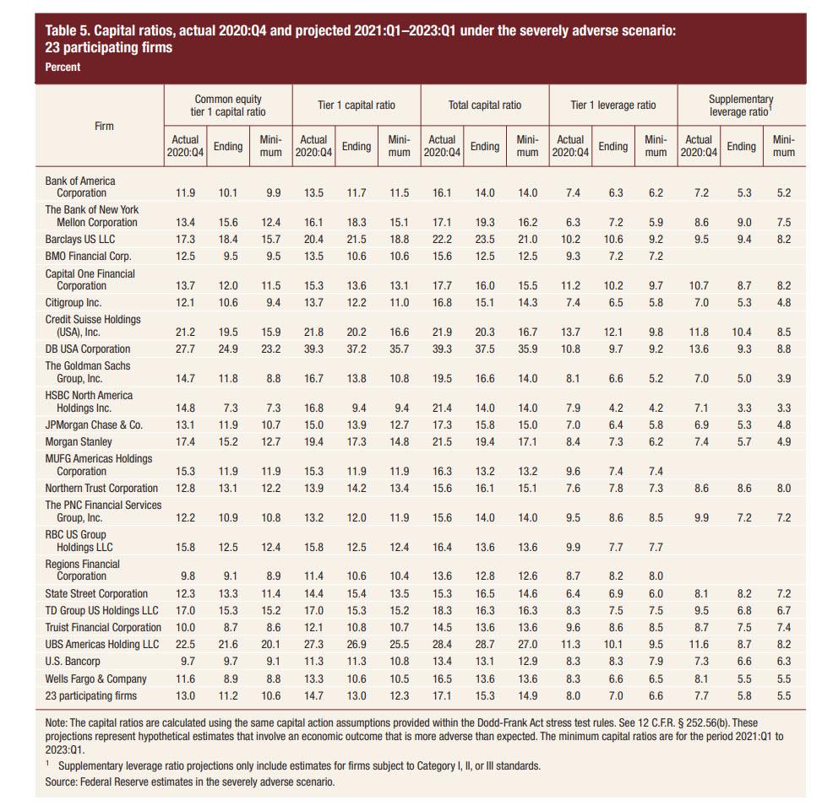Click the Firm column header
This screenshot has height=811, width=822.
pyautogui.click(x=104, y=127)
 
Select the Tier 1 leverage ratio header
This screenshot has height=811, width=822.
pyautogui.click(x=612, y=105)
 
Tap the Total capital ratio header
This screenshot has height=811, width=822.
pyautogui.click(x=484, y=105)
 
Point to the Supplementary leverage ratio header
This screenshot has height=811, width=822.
pyautogui.click(x=741, y=105)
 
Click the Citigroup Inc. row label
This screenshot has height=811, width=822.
pyautogui.click(x=73, y=303)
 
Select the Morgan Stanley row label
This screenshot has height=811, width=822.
pyautogui.click(x=79, y=442)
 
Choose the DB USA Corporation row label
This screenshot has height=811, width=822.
pyautogui.click(x=88, y=349)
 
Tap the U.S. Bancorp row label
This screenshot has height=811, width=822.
pyautogui.click(x=73, y=662)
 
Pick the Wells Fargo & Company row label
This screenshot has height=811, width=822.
pyautogui.click(x=96, y=679)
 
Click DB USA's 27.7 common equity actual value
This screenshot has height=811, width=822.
pyautogui.click(x=185, y=349)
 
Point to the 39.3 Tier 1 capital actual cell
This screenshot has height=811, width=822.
pyautogui.click(x=313, y=349)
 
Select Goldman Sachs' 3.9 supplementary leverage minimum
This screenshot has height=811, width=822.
pyautogui.click(x=784, y=379)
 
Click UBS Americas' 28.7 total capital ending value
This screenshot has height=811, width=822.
pyautogui.click(x=484, y=645)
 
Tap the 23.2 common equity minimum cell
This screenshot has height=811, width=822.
pyautogui.click(x=270, y=349)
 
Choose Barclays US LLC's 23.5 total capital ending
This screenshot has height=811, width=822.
pyautogui.click(x=484, y=240)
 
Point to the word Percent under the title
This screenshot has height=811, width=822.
pyautogui.click(x=63, y=67)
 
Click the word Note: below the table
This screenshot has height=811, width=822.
pyautogui.click(x=56, y=723)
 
